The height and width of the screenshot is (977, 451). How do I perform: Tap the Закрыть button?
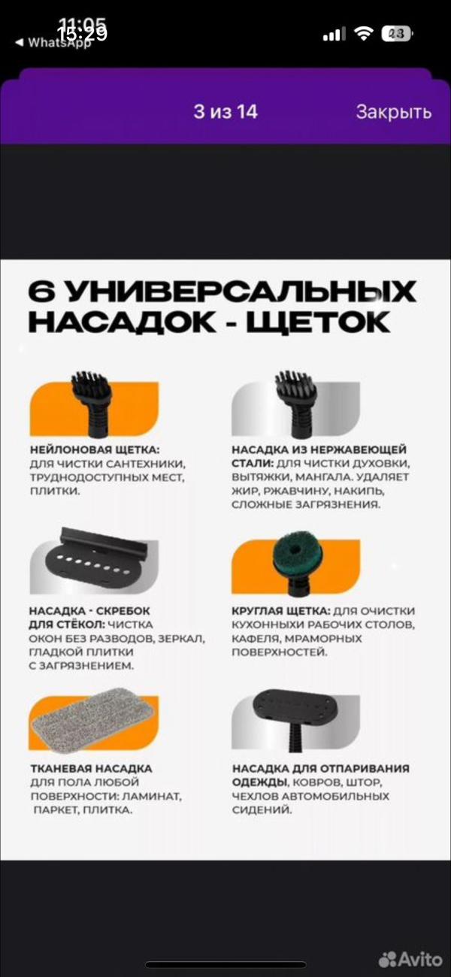pyautogui.click(x=393, y=112)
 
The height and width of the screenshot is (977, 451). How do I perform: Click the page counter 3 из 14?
pyautogui.click(x=225, y=112)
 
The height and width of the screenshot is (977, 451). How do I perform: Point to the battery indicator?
pyautogui.click(x=396, y=34)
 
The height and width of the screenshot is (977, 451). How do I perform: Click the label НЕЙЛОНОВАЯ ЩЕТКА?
pyautogui.click(x=95, y=449)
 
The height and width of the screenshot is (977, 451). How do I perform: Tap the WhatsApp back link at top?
pyautogui.click(x=53, y=43)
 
